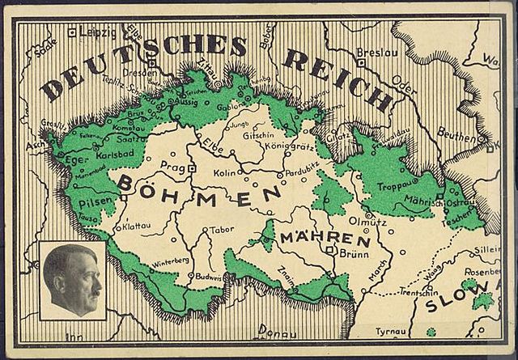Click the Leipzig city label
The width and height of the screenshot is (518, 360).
pyautogui.click(x=98, y=33)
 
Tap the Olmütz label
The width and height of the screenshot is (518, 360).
pyautogui.click(x=350, y=214)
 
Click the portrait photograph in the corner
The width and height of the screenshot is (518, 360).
pyautogui.click(x=71, y=281)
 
